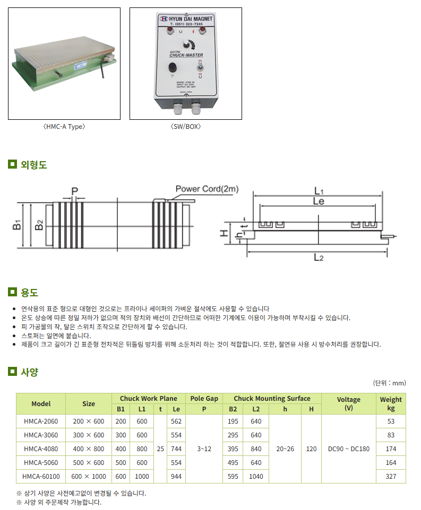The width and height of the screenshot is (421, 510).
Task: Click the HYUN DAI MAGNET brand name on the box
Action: coord(189,19)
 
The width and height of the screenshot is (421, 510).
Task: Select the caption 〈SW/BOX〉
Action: coord(185,127)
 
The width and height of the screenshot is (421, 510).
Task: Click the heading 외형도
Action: coord(34,165)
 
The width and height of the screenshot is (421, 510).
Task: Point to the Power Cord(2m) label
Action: coord(207,189)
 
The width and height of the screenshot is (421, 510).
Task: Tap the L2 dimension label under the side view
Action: coord(319,258)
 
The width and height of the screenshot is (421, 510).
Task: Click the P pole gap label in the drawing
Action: coord(75,190)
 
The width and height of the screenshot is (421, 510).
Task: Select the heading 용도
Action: coord(29,292)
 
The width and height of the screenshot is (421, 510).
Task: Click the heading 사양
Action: coord(29,372)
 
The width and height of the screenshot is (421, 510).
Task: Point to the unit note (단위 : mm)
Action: coord(390,383)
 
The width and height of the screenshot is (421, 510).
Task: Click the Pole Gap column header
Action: coord(204,399)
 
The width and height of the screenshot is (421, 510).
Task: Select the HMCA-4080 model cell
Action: coord(41,449)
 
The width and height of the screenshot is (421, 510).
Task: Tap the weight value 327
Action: coord(391,477)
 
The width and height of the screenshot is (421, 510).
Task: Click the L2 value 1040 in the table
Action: coord(256,477)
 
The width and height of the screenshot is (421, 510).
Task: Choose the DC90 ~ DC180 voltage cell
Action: coord(349,449)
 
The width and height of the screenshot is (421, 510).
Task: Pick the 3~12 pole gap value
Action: coord(204,449)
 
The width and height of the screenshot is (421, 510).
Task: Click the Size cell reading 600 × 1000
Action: coord(89,477)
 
